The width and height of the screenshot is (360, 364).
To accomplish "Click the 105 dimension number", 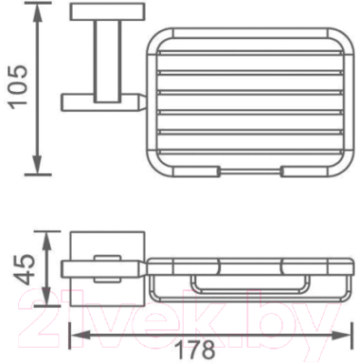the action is point(18,86).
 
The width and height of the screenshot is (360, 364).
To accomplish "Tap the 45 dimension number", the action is point(24,269).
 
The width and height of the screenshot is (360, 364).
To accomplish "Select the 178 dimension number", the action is point(195,350).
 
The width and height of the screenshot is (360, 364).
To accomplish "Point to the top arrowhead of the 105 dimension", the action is point(37,12).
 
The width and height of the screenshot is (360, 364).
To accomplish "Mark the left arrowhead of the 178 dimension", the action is point(81,335).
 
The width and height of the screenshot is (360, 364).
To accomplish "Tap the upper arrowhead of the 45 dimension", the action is point(45,240).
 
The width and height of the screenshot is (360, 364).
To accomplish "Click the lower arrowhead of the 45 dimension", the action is point(45,297).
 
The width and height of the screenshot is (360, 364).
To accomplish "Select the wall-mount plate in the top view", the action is point(107,12).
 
